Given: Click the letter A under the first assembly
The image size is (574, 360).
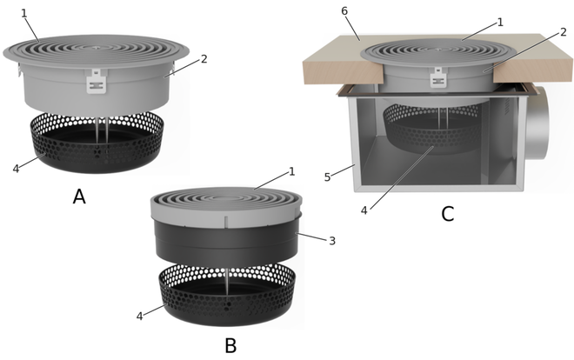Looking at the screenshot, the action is pyautogui.click(x=79, y=197).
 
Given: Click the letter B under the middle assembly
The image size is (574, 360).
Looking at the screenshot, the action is pyautogui.click(x=230, y=345).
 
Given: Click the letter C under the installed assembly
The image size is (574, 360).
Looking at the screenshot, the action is pyautogui.click(x=448, y=214).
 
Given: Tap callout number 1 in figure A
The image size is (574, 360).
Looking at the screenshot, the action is pyautogui.click(x=24, y=14).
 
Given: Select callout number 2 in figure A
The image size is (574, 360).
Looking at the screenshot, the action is pyautogui.click(x=204, y=59).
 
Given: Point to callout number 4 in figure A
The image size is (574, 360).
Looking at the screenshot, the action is pyautogui.click(x=16, y=169).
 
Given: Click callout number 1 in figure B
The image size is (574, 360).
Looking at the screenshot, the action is pyautogui.click(x=291, y=171).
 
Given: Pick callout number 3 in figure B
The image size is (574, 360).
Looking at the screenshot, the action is pyautogui.click(x=332, y=241).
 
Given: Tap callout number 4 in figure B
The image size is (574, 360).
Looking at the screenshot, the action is pyautogui.click(x=139, y=317).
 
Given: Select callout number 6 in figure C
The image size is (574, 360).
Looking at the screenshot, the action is pyautogui.click(x=344, y=11).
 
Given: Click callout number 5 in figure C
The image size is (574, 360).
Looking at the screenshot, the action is pyautogui.click(x=327, y=177).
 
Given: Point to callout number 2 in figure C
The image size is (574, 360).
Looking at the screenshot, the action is pyautogui.click(x=564, y=32).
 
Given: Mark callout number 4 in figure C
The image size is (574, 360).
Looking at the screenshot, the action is pyautogui.click(x=364, y=210).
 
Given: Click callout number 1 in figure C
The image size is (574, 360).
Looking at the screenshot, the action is pyautogui.click(x=500, y=23).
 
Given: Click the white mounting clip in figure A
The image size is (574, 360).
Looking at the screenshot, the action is pyautogui.click(x=97, y=81).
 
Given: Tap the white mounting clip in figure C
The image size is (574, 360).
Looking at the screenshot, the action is pyautogui.click(x=437, y=77).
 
